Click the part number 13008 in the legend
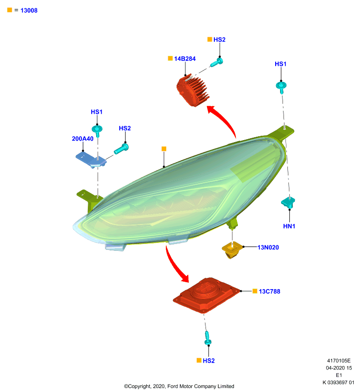pos(29,10)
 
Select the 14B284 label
pos(185,59)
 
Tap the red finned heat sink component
pos(193,91)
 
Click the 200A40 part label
pos(82,139)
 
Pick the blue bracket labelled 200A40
pos(91,160)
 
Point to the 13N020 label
pos(268,247)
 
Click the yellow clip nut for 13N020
pos(232,250)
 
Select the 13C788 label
pos(269,292)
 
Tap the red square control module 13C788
pos(206,295)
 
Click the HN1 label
pos(289,226)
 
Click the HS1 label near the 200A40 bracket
pos(97,112)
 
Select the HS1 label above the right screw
pos(281,64)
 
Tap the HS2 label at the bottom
pos(208,361)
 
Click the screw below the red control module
pos(207,338)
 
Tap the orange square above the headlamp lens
pos(164,149)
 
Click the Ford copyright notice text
pos(179,386)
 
